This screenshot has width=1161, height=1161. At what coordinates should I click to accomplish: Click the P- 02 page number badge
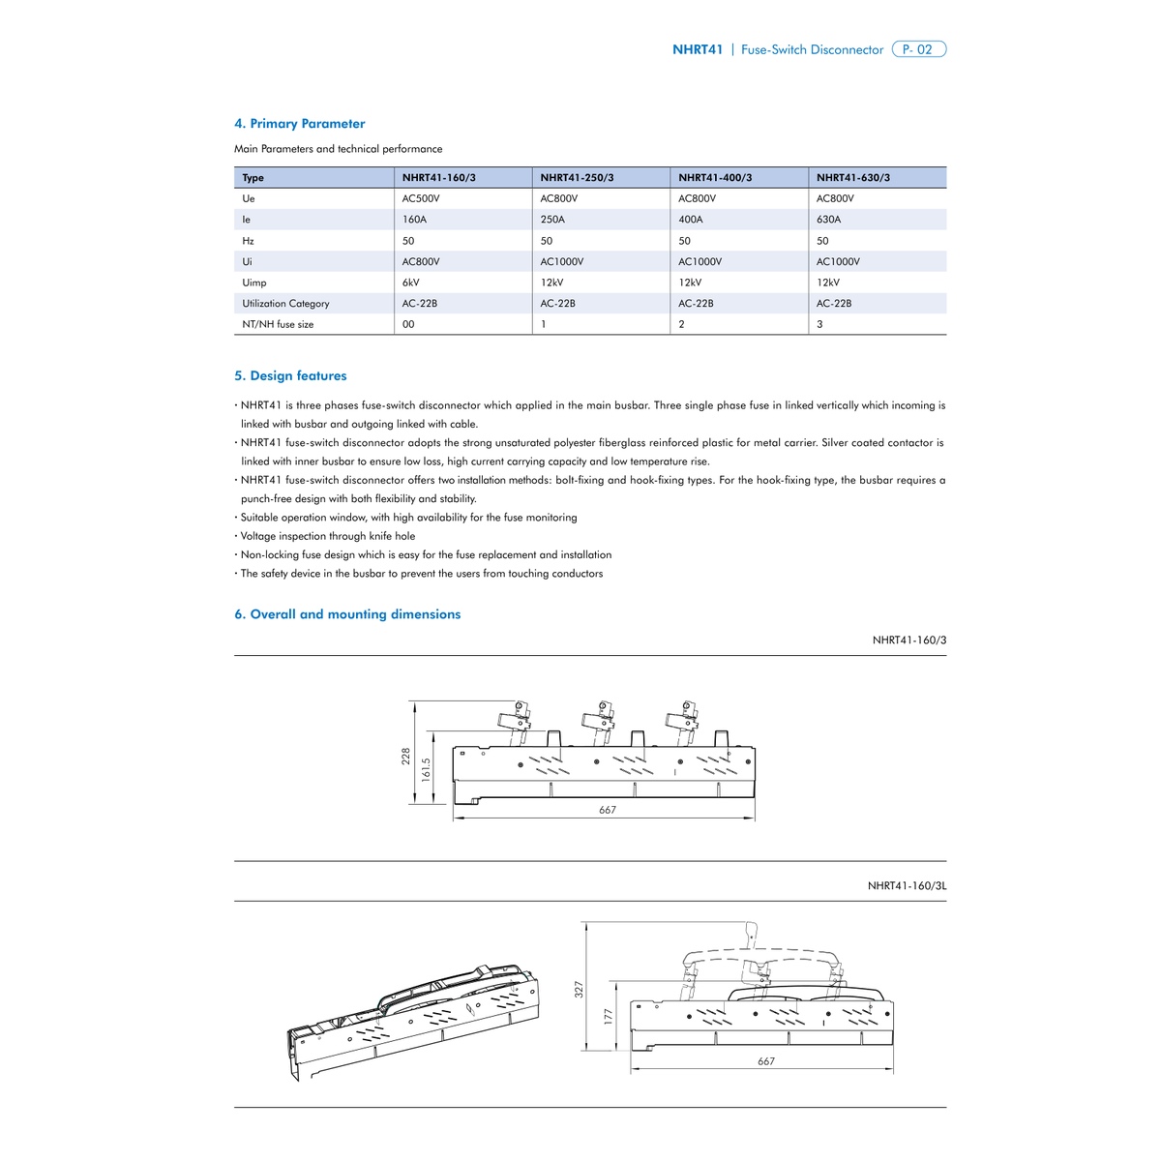(x=917, y=49)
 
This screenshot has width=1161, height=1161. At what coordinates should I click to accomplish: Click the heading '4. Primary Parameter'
(x=299, y=124)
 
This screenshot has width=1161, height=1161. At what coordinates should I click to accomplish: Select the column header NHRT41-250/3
(x=577, y=178)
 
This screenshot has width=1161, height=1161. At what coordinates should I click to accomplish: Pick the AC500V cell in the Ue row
(x=421, y=198)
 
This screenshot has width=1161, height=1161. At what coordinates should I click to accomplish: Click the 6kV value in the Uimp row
(x=411, y=283)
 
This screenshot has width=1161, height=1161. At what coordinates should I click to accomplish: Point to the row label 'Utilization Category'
(x=285, y=304)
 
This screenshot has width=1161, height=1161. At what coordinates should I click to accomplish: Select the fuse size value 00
(x=408, y=325)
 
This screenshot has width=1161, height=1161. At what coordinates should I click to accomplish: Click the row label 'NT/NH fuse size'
(x=278, y=325)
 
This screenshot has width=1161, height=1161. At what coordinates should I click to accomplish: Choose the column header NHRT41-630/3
(x=853, y=178)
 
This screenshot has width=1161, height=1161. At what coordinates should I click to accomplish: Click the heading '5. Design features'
(x=290, y=376)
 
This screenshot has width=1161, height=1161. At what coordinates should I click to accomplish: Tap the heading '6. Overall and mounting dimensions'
(x=347, y=614)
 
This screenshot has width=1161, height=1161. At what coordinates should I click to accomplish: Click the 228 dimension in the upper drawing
(x=406, y=757)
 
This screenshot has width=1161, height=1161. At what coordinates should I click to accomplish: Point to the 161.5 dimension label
(x=426, y=770)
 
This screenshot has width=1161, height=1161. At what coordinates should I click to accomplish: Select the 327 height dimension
(x=579, y=990)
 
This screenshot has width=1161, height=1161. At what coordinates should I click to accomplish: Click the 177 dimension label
(x=609, y=1019)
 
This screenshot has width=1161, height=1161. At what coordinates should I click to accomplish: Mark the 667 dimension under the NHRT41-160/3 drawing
(x=608, y=811)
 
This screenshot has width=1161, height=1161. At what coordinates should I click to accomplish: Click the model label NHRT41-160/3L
(x=907, y=886)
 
